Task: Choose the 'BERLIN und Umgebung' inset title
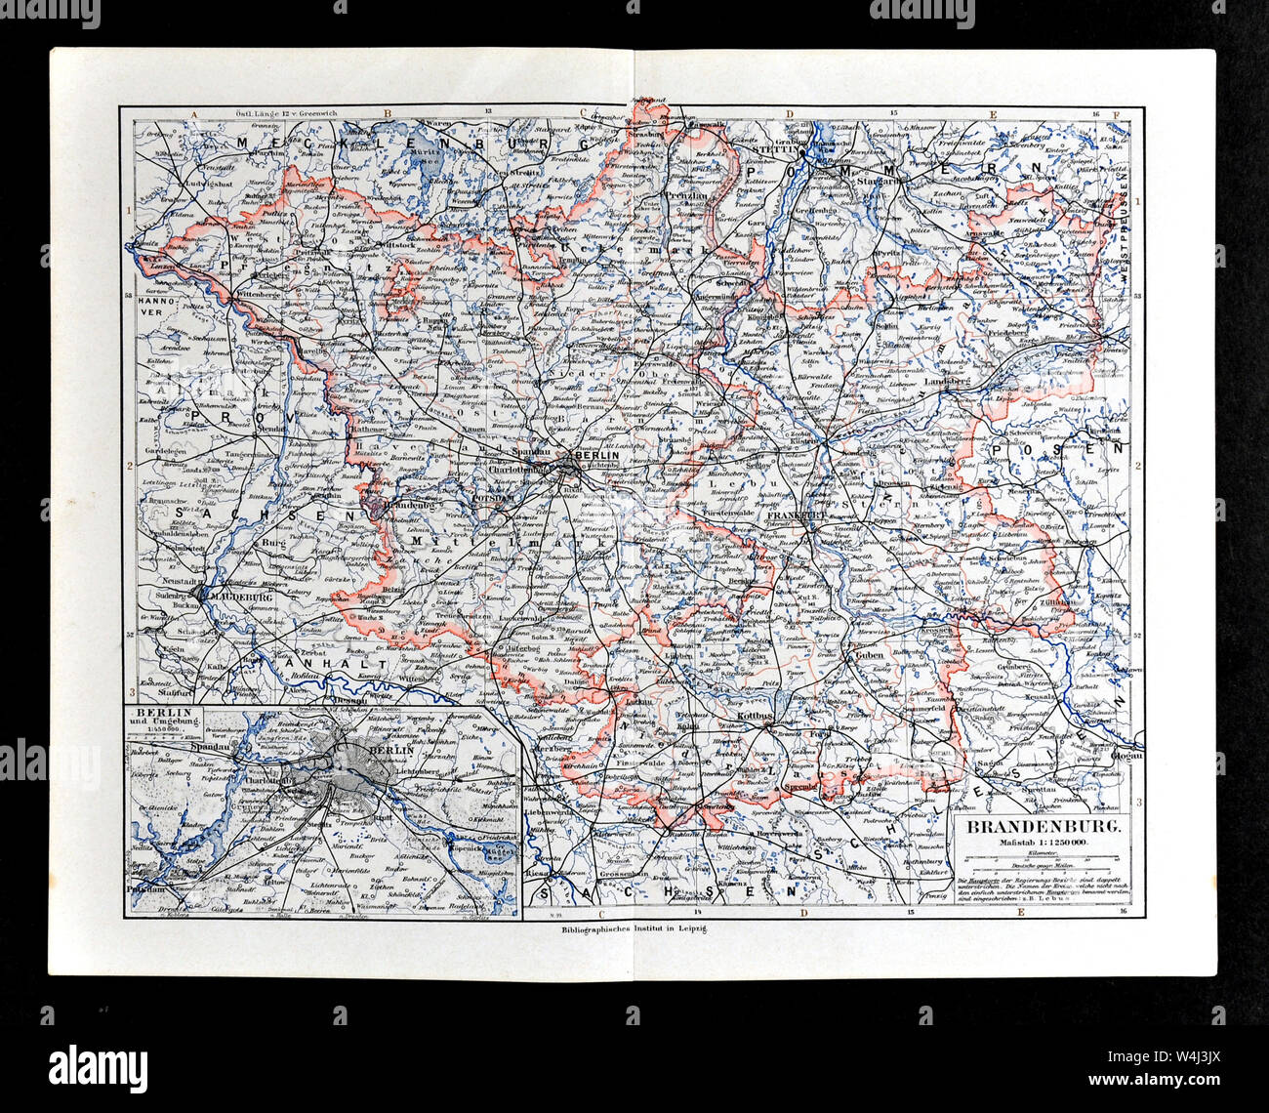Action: pyautogui.click(x=164, y=719)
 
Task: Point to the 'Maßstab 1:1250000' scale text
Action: pyautogui.click(x=1043, y=843)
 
